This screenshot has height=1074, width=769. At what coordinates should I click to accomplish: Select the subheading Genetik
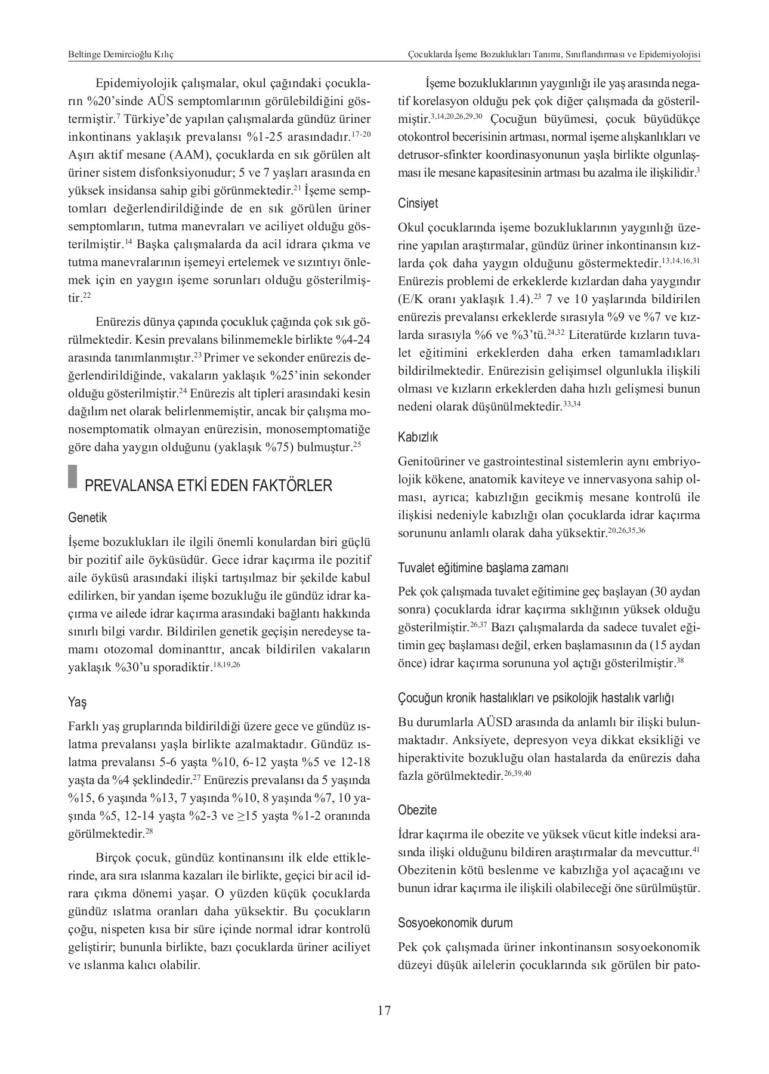(x=88, y=518)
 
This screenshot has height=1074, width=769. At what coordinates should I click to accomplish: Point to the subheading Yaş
(x=78, y=702)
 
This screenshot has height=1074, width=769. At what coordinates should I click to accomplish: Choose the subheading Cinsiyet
(x=418, y=203)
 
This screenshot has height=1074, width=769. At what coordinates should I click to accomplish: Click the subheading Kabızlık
(x=418, y=437)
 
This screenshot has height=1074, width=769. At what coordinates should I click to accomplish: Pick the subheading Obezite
(x=417, y=810)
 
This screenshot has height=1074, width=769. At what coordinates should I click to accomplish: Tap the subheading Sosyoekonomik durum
(x=455, y=922)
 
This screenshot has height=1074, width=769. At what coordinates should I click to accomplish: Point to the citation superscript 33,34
(x=572, y=404)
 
